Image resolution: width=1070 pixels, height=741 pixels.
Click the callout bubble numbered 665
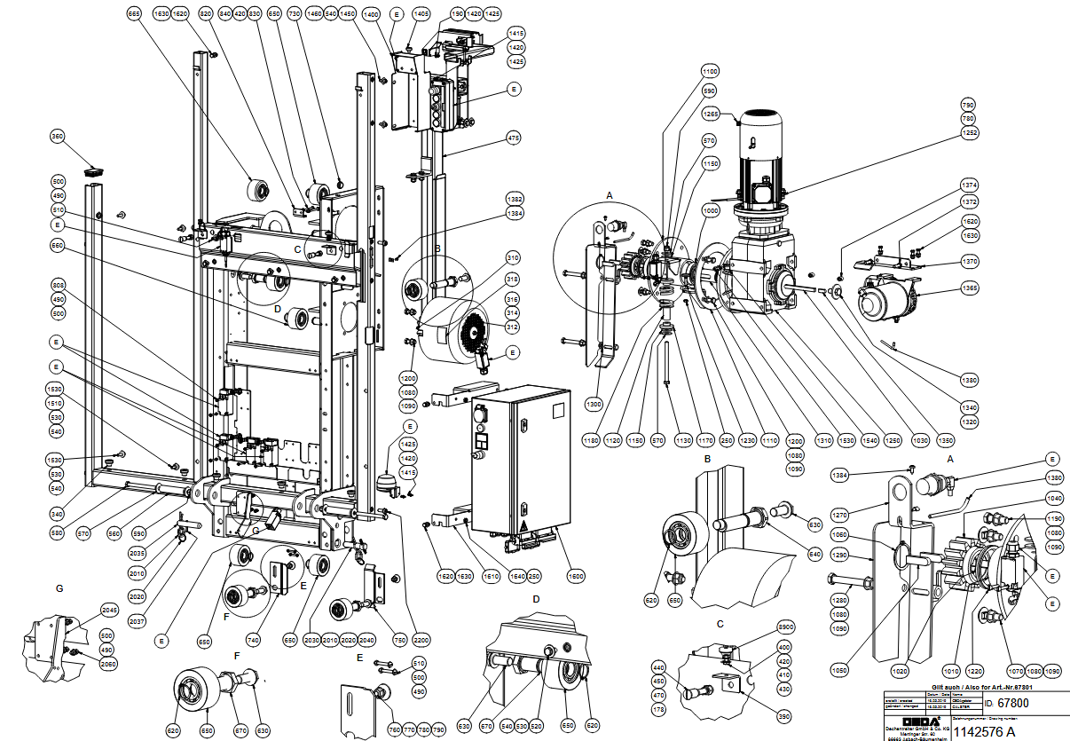[x=134, y=14]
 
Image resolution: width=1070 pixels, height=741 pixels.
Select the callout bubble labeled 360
[x=58, y=137]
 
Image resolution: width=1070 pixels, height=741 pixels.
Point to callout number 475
[x=514, y=138]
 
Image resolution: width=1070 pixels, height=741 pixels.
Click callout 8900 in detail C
[x=761, y=627]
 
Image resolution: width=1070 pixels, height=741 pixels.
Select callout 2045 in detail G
[x=109, y=611]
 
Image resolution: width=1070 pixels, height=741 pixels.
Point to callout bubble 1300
[x=593, y=404]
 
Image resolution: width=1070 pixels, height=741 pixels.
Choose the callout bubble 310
[x=514, y=258]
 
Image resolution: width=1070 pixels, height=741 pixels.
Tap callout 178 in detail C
[x=659, y=710]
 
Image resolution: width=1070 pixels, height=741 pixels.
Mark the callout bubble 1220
[x=976, y=671]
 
